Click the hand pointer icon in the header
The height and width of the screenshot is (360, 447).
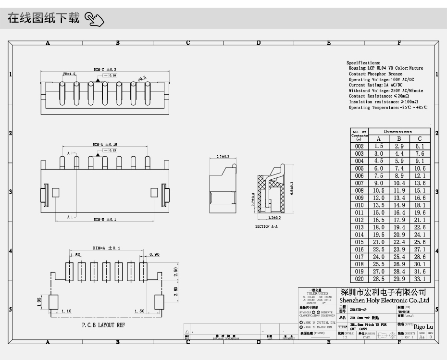tap(94, 19)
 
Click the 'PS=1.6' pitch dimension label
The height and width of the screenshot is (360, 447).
tap(69, 74)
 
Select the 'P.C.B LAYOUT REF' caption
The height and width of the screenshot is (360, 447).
tap(103, 325)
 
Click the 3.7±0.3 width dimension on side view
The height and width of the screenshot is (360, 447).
tap(223, 157)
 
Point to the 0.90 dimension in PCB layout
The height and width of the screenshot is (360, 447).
tap(155, 254)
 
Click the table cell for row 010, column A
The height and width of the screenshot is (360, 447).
tap(379, 205)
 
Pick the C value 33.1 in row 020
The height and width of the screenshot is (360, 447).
tap(419, 279)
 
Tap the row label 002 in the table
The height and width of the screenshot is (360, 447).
tap(359, 146)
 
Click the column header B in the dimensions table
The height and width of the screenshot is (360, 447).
tap(399, 139)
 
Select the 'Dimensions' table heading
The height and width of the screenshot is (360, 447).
tap(397, 132)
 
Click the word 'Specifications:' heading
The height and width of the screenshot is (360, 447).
tap(363, 63)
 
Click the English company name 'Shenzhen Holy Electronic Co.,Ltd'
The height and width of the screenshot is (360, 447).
tap(384, 300)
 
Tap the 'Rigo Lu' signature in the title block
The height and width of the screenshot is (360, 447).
tap(423, 327)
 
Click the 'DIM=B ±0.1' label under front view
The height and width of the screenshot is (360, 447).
tap(105, 219)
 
